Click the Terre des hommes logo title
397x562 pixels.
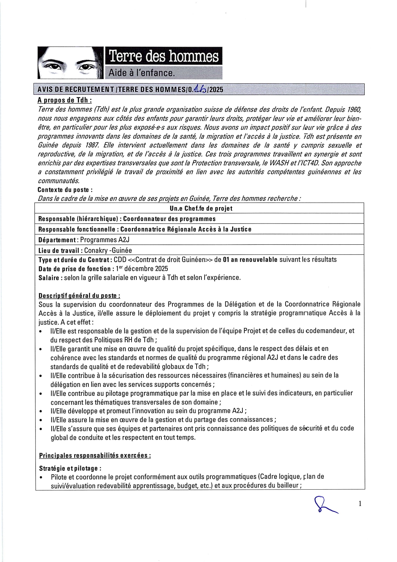pos(164,56)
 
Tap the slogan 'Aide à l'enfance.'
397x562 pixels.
pos(142,73)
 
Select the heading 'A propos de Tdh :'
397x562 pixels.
pos(65,100)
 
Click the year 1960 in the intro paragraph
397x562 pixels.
pos(354,110)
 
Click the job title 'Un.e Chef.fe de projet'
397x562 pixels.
pos(201,208)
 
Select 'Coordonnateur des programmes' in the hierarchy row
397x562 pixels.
pos(169,219)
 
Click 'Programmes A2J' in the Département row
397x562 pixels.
pos(105,240)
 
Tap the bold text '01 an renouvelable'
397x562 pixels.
pos(250,260)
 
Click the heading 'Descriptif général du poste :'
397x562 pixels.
pos(79,296)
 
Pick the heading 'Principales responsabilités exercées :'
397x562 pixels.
pos(95,455)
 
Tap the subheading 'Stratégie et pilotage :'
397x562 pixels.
pos(70,468)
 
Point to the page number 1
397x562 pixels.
pos(360,504)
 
